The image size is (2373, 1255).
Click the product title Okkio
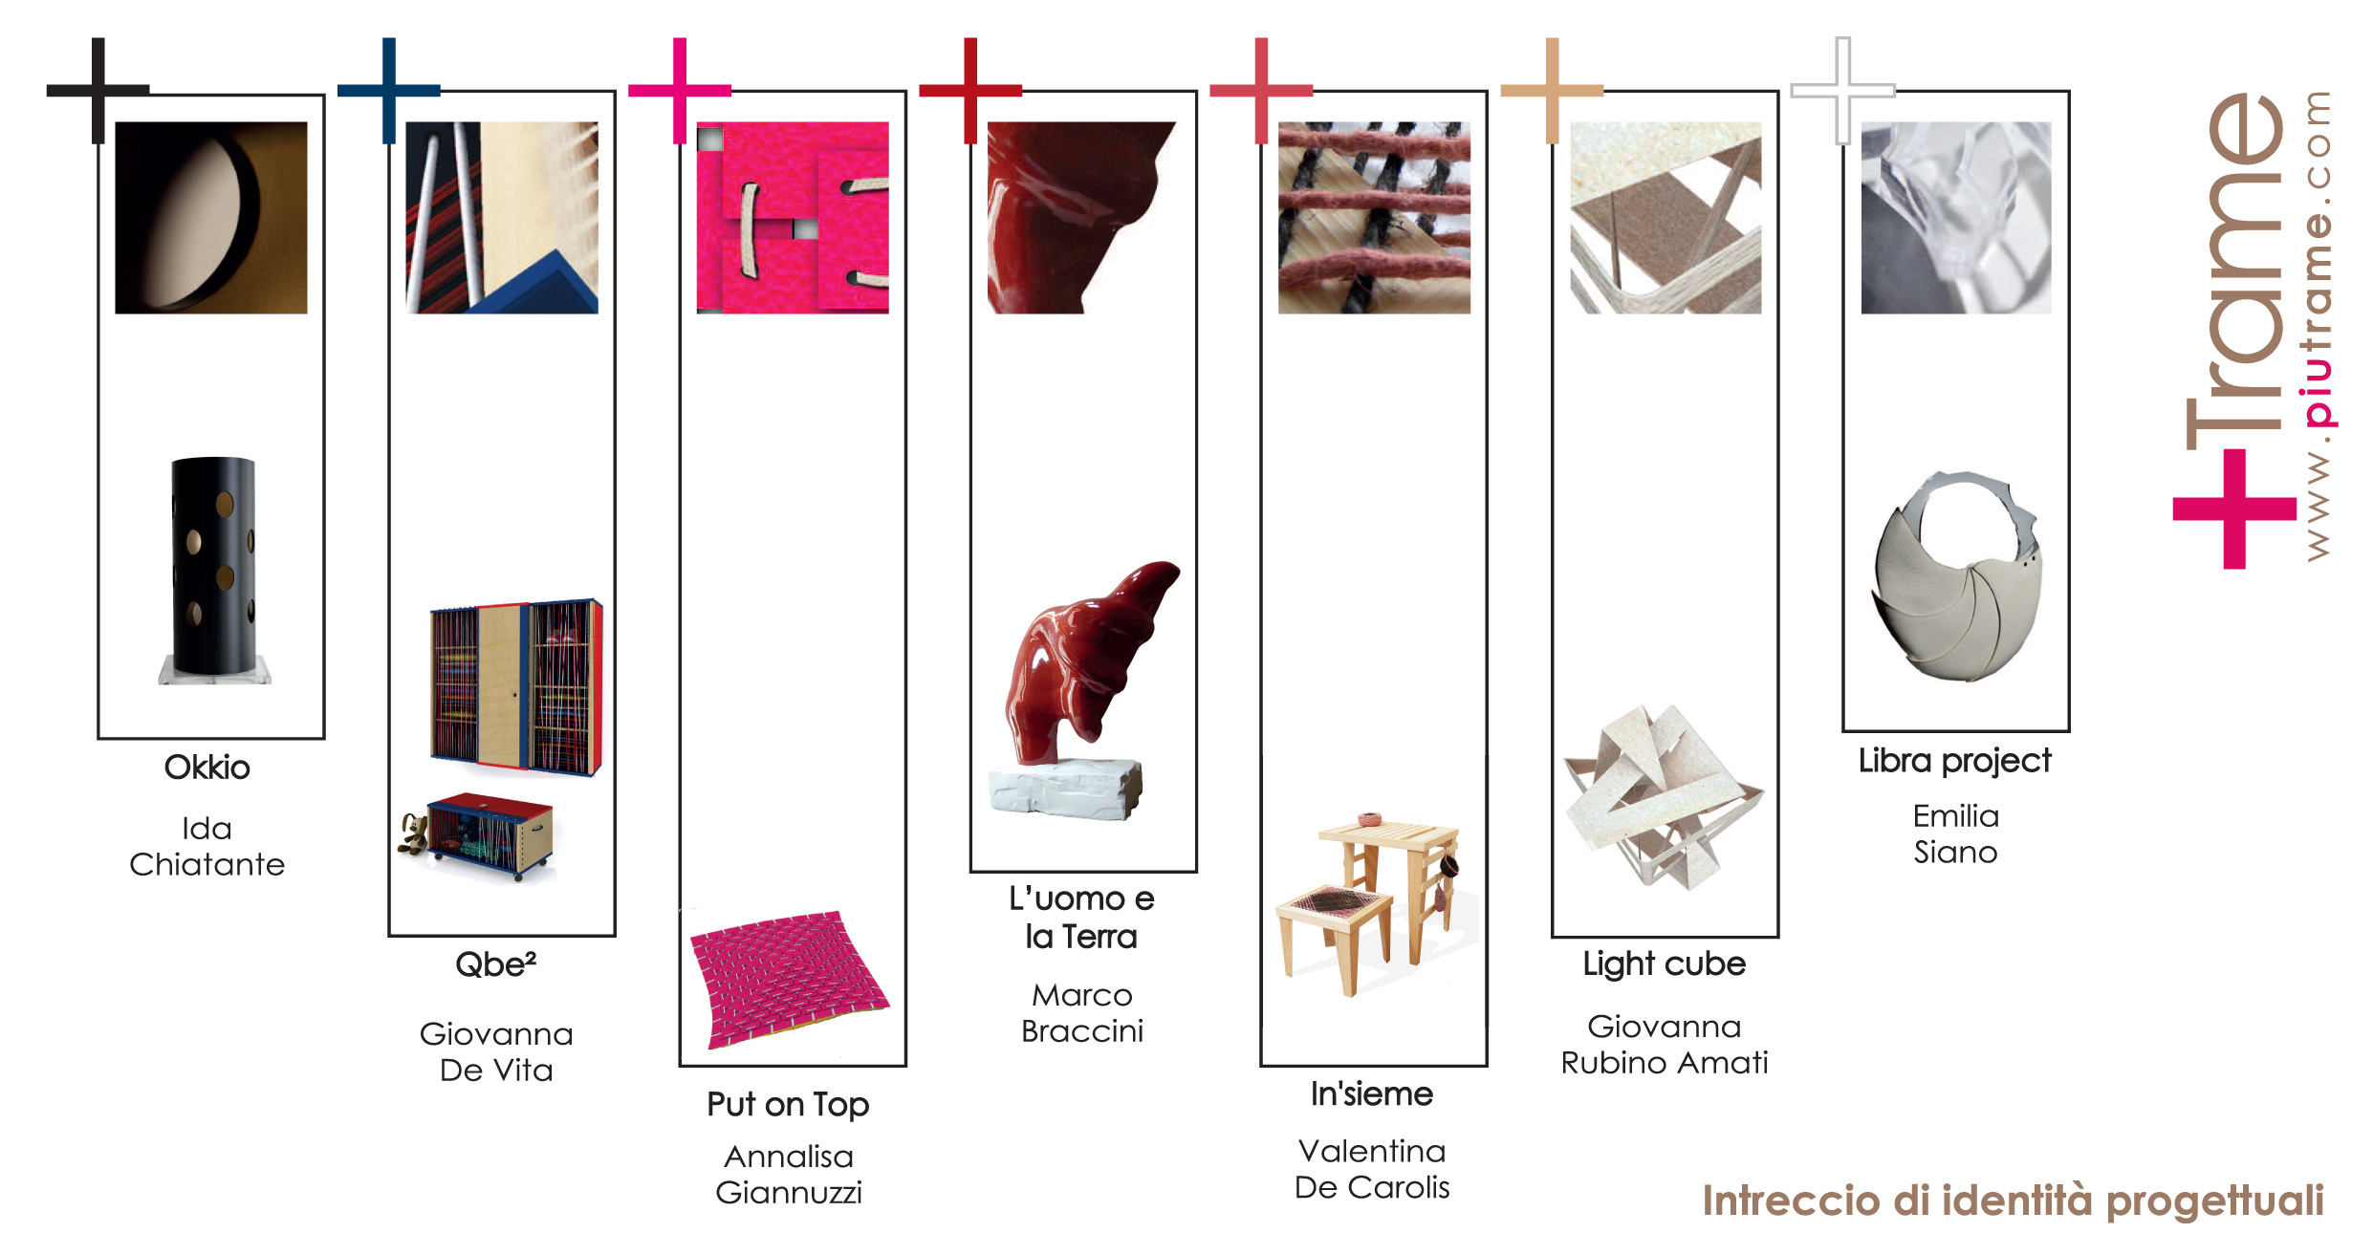click(x=207, y=768)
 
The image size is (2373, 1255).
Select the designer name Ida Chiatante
click(x=207, y=846)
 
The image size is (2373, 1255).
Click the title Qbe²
click(x=495, y=964)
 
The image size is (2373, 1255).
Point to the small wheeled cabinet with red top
click(x=477, y=836)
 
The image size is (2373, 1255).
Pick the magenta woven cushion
click(x=790, y=980)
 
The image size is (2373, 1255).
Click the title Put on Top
click(x=788, y=1105)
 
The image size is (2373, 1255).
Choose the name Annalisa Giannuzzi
click(x=789, y=1175)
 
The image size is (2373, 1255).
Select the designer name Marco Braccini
click(x=1082, y=1013)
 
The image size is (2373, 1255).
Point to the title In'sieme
click(x=1372, y=1094)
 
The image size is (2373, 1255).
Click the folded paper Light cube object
click(x=1664, y=798)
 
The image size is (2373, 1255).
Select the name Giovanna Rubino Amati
click(x=1665, y=1045)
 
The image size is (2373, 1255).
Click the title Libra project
click(x=1955, y=762)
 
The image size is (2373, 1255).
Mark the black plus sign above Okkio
click(x=98, y=91)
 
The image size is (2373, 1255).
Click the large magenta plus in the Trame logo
click(x=2234, y=508)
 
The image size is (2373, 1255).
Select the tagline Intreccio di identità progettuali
click(x=2013, y=1201)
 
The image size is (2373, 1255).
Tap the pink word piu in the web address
click(x=2318, y=394)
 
